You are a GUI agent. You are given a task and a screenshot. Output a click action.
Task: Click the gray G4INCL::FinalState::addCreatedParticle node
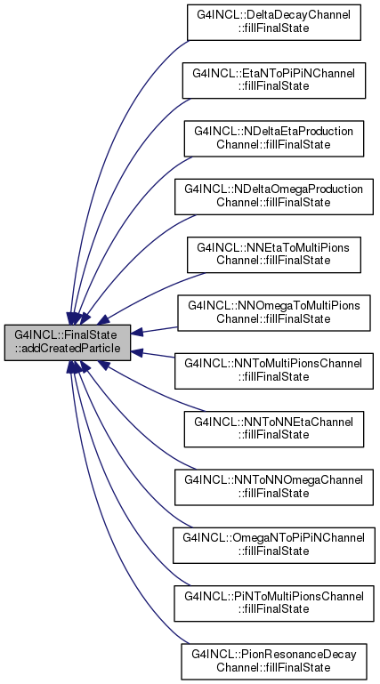[68, 342]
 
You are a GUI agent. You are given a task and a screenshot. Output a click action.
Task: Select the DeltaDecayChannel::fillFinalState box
[274, 22]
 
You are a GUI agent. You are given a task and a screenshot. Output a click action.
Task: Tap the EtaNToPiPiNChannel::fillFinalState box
[274, 80]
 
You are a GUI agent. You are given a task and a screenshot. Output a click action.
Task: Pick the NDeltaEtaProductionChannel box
[274, 139]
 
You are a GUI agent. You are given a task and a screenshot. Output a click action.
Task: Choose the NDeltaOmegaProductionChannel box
[274, 197]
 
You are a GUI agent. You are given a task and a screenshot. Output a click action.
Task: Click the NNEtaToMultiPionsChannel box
[274, 254]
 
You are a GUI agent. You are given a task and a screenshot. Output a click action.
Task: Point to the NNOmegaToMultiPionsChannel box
[274, 313]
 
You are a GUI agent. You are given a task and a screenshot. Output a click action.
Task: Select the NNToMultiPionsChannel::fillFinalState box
[274, 371]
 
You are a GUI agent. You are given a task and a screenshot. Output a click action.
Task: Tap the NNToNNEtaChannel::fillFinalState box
[274, 429]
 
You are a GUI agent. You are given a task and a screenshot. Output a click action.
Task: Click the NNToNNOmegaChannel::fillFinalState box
[274, 487]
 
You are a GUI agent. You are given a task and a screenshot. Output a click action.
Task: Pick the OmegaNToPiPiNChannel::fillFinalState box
[274, 545]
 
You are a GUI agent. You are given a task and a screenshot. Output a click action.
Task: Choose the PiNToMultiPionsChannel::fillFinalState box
[274, 603]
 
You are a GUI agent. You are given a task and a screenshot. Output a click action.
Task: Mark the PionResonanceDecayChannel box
[274, 661]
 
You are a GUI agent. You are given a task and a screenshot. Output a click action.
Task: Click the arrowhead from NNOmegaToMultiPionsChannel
[137, 333]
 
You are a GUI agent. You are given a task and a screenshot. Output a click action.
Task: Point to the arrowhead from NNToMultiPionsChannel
[137, 352]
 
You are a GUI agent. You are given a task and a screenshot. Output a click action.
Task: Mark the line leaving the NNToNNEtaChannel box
[153, 391]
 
